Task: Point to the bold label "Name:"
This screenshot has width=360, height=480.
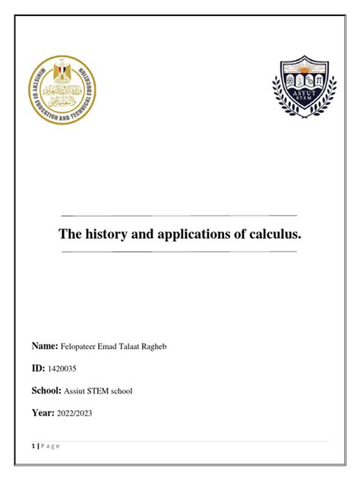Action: pos(45,346)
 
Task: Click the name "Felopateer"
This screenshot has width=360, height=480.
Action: pos(82,347)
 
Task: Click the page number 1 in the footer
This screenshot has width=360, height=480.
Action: pos(33,446)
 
